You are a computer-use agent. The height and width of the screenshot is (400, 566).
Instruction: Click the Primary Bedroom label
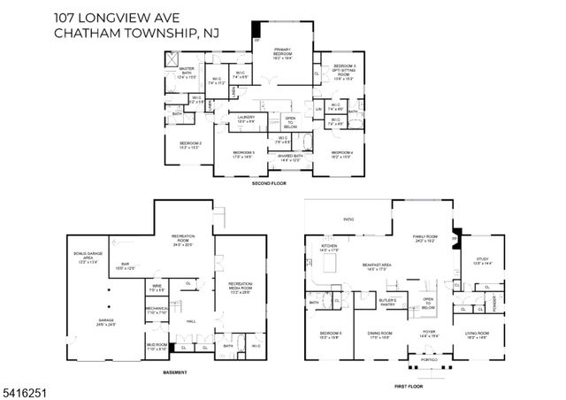click(283, 55)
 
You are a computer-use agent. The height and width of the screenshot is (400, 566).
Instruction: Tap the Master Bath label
click(186, 73)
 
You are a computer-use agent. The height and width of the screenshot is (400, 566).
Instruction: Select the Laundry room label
click(247, 120)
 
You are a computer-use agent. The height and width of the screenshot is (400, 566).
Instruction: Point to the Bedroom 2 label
click(191, 145)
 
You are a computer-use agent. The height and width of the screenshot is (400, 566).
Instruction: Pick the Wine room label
click(157, 288)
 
